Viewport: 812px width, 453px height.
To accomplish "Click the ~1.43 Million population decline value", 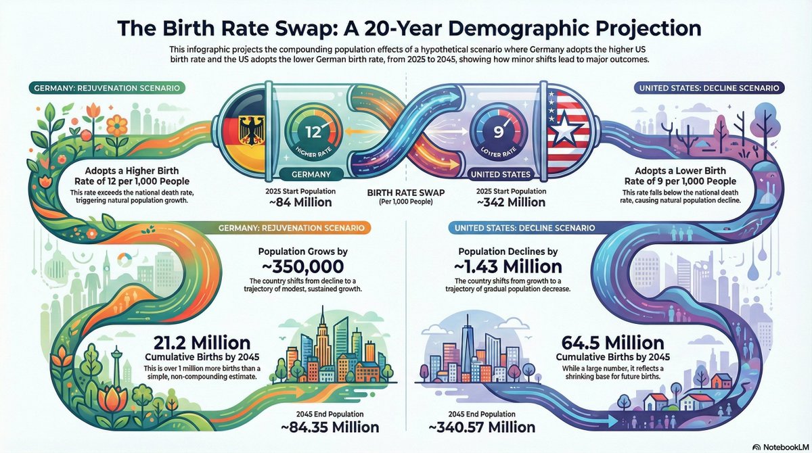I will coord(509,266).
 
